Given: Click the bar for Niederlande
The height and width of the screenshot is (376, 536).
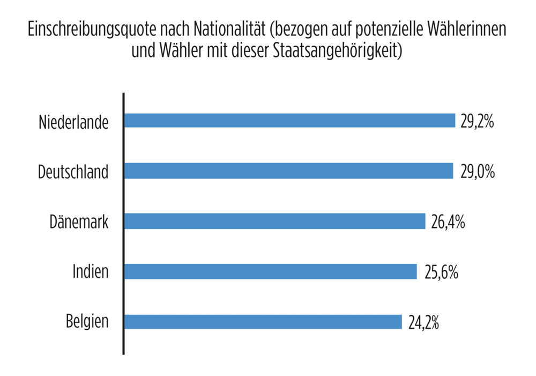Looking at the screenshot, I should (289, 121).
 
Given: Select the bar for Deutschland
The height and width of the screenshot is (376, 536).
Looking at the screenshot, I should (288, 171).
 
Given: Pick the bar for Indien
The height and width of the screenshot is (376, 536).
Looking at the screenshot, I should (270, 271).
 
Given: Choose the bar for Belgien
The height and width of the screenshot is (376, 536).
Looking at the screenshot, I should (263, 322).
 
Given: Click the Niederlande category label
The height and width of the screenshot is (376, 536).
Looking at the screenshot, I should (73, 122).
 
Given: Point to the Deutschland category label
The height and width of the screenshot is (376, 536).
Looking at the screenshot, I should (73, 172).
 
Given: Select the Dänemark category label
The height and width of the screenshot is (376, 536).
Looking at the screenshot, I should (79, 222).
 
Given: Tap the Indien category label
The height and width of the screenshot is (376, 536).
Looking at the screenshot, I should (91, 271).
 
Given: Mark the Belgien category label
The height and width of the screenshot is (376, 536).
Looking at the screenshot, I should (87, 322).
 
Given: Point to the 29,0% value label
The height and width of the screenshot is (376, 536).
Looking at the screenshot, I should (477, 172).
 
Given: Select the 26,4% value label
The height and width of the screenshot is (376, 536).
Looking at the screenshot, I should (448, 222).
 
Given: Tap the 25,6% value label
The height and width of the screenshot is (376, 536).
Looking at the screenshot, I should (440, 272).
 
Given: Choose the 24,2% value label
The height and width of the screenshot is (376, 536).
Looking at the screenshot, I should (424, 322).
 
